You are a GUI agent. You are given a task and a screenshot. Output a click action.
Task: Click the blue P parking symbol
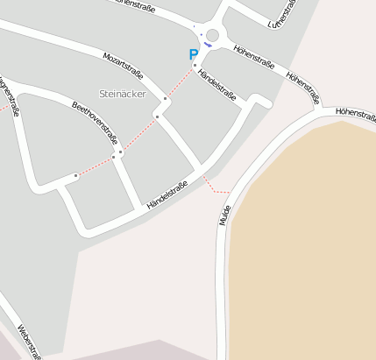[x=194, y=54]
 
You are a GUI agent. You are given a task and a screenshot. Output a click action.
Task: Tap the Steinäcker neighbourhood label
[x=122, y=93]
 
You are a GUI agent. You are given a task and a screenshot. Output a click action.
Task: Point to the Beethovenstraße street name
[x=94, y=122]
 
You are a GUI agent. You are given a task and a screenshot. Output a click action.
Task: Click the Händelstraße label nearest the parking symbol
[x=216, y=88]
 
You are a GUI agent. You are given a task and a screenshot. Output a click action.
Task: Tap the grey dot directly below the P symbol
[x=195, y=65]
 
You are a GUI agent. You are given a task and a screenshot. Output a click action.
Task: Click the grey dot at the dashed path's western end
[x=75, y=176]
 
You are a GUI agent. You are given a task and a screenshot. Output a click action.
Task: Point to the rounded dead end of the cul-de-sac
[x=263, y=100]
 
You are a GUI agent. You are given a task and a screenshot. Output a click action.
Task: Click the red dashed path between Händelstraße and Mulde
[x=216, y=187]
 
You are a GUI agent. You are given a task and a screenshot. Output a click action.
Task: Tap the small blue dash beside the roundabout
[x=208, y=43]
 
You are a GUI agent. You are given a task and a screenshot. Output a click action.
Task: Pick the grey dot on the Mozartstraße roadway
[x=165, y=100]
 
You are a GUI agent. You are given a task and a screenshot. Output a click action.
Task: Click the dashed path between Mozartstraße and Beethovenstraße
[x=138, y=134]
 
